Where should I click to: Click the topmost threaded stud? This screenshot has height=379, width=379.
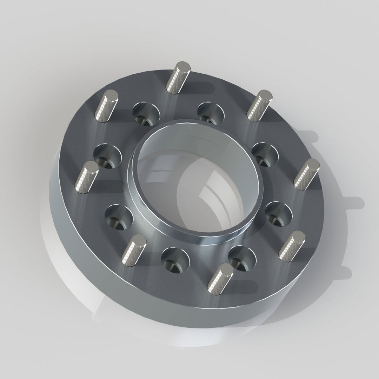tap(178, 77)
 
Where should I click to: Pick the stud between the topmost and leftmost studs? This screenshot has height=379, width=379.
tap(106, 106)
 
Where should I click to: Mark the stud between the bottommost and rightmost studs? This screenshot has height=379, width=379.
tap(292, 246)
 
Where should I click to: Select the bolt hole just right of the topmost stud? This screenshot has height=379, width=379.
tap(211, 112)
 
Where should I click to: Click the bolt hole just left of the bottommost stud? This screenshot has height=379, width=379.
tap(175, 260)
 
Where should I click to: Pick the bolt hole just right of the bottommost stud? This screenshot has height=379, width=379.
tap(242, 258)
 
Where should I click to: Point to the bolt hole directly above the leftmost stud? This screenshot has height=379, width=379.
tap(107, 156)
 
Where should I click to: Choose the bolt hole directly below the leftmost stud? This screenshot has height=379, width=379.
tap(119, 216)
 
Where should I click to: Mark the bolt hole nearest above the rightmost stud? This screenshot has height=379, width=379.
tap(265, 154)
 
